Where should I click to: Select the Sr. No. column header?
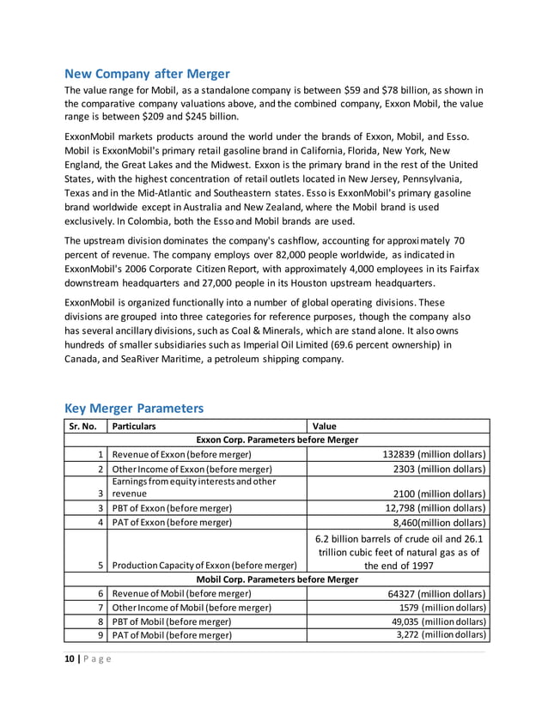pos(84,426)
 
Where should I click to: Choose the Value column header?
pos(325,426)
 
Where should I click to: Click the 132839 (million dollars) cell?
pos(434,454)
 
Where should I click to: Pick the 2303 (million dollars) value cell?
pos(438,469)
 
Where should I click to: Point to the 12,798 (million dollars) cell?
pos(435,508)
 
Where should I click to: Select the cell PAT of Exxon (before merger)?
pos(173,522)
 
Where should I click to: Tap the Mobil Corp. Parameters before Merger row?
pos(277,579)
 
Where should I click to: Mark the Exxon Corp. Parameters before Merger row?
pos(277,439)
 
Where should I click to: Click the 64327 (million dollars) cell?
pos(437,594)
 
